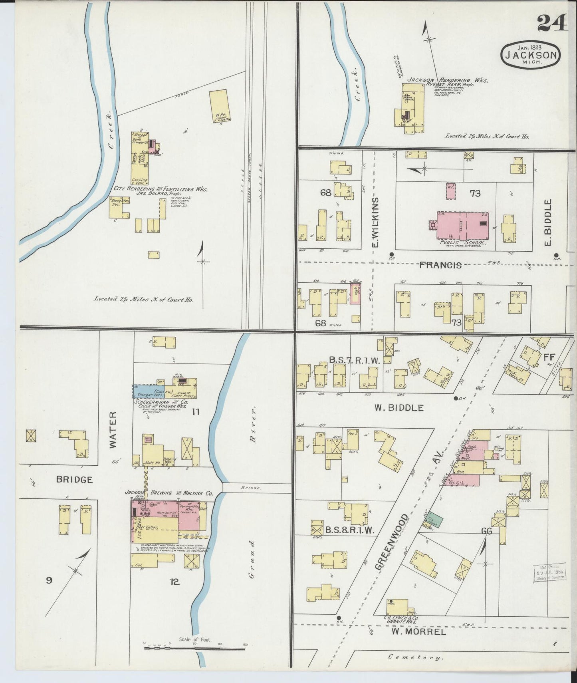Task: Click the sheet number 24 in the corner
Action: coord(552,23)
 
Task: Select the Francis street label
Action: coord(440,265)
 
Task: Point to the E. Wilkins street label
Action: coord(375,222)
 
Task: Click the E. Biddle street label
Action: coord(548,222)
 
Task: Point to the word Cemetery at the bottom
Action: coord(415,657)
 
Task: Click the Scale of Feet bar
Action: coord(194,646)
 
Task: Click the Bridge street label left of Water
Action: coord(74,479)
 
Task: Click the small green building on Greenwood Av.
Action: coord(433,520)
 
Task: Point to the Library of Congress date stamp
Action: coord(549,572)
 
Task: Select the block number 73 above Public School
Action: coord(475,193)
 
